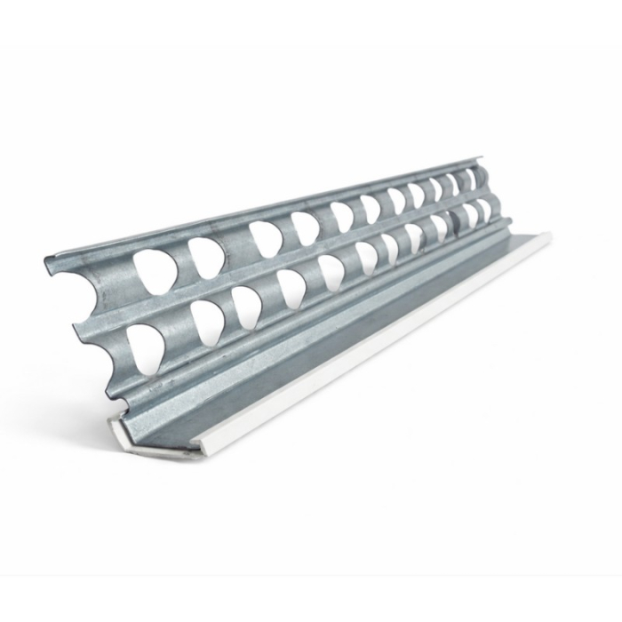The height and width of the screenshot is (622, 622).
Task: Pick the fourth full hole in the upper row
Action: pos(305,228)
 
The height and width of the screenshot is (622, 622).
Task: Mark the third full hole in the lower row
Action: pos(247,304)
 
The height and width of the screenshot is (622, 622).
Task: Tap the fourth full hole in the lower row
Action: pos(291,286)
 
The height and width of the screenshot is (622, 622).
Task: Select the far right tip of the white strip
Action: pos(550,235)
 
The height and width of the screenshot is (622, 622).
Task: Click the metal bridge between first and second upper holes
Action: pos(180,263)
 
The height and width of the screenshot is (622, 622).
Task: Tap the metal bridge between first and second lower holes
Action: pos(178,333)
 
